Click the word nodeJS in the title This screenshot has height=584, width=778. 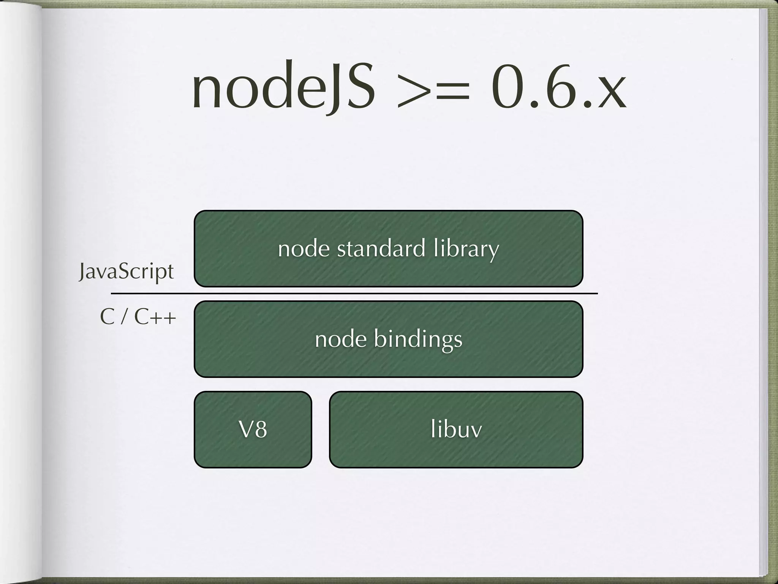[x=283, y=87]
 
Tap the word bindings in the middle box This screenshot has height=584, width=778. [x=418, y=339]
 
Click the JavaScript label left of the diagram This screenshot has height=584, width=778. [x=126, y=272]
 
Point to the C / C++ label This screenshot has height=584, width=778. [x=138, y=317]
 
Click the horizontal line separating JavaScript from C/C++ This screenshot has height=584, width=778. [x=353, y=294]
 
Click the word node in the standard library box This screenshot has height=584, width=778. [x=304, y=249]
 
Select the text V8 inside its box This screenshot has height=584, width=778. [x=253, y=430]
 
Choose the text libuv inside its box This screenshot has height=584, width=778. [x=456, y=430]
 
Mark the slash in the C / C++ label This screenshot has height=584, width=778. [x=123, y=317]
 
